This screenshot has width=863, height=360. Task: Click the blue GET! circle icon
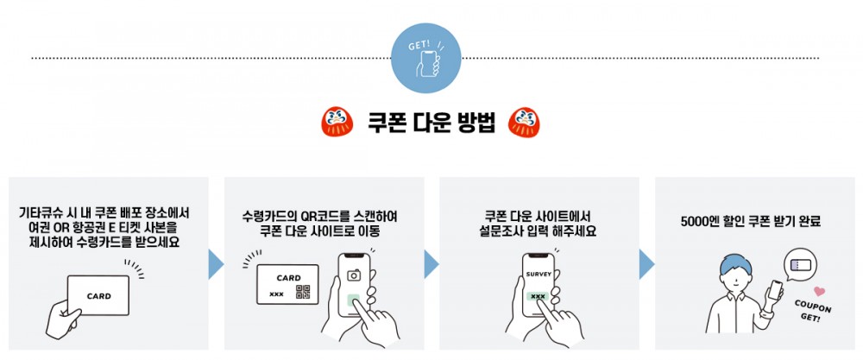click(x=426, y=59)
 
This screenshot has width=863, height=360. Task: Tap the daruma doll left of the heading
click(x=337, y=123)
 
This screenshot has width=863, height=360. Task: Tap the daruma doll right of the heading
click(x=524, y=123)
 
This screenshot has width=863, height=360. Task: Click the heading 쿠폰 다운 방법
click(x=431, y=123)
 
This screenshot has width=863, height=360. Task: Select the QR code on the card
click(x=303, y=292)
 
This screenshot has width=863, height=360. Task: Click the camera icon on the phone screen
click(x=353, y=275)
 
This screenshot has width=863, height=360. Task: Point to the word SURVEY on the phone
click(x=539, y=275)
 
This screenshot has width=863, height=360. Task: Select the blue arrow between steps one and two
click(x=217, y=264)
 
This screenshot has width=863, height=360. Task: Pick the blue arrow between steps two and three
click(x=431, y=264)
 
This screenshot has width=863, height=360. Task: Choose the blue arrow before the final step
click(x=646, y=264)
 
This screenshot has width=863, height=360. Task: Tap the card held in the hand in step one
click(x=98, y=295)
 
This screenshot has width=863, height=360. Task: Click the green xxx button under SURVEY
click(x=538, y=296)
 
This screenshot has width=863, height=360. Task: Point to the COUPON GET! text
click(x=813, y=311)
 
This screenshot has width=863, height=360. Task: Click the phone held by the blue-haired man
click(x=775, y=289)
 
